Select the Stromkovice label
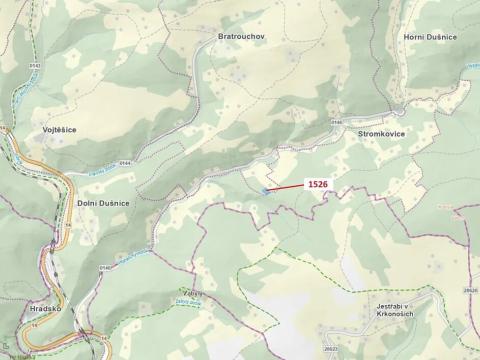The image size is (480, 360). pyautogui.click(x=380, y=132)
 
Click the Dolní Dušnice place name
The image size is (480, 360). pyautogui.click(x=103, y=203)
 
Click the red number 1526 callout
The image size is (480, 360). pyautogui.click(x=318, y=185)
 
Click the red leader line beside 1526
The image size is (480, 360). pyautogui.click(x=285, y=187)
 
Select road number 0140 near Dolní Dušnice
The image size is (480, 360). pyautogui.click(x=105, y=268)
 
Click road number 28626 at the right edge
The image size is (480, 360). pyautogui.click(x=470, y=287)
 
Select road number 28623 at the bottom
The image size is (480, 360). pyautogui.click(x=331, y=349)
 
